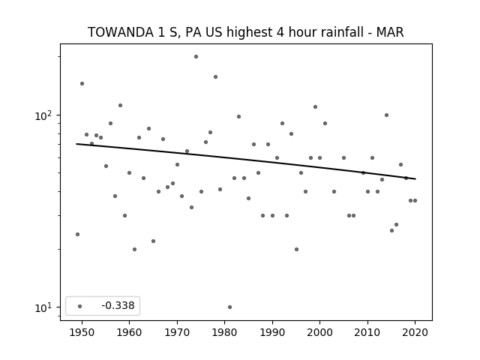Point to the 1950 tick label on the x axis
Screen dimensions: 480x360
click(82, 332)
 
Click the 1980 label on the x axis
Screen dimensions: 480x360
click(225, 332)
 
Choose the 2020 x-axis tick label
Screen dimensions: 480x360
click(415, 332)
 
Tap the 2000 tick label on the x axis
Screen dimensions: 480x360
click(320, 332)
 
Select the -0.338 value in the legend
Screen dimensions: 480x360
click(118, 305)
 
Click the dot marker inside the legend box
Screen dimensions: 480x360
click(80, 306)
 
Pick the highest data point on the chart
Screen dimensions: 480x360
click(196, 57)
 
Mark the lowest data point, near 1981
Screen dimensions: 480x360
click(230, 307)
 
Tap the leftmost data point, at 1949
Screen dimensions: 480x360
click(77, 234)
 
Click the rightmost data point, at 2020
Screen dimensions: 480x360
click(415, 200)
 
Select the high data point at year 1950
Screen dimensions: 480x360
click(82, 83)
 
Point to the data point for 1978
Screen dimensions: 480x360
click(215, 76)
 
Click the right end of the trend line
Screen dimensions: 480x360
click(415, 178)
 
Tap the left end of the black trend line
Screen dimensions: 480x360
click(76, 144)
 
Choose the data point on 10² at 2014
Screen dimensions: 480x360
click(387, 115)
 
